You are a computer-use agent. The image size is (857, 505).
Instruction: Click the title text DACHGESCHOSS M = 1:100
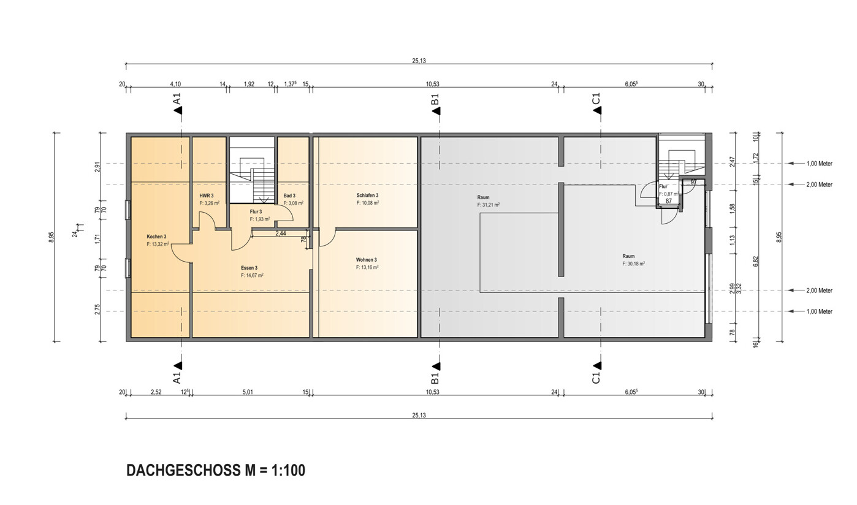tap(215, 471)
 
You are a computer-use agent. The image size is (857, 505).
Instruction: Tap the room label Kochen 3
tap(156, 237)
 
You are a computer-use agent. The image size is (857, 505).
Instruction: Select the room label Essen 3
tap(249, 268)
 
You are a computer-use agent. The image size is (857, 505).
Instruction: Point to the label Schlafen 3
tap(367, 196)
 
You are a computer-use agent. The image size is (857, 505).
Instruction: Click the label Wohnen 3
tap(367, 260)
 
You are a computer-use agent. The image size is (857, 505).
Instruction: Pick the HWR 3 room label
tap(206, 196)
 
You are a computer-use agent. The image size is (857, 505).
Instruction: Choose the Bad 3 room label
tap(289, 196)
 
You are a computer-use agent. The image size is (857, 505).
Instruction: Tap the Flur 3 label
tap(256, 211)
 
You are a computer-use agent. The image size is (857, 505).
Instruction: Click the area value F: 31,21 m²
tap(489, 205)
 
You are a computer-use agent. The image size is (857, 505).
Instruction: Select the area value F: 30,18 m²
tap(633, 264)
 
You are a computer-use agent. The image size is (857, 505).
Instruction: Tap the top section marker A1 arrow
tap(178, 110)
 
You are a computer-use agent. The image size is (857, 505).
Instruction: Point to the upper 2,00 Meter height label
tap(819, 184)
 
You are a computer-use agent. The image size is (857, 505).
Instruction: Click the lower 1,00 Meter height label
tap(819, 311)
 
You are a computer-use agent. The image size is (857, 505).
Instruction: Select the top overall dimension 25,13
tap(419, 61)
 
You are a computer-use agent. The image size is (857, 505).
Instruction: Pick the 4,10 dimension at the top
tap(175, 84)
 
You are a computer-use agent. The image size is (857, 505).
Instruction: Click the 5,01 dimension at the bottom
tap(248, 392)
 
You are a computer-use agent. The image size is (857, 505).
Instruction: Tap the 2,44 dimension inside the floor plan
tap(280, 234)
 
